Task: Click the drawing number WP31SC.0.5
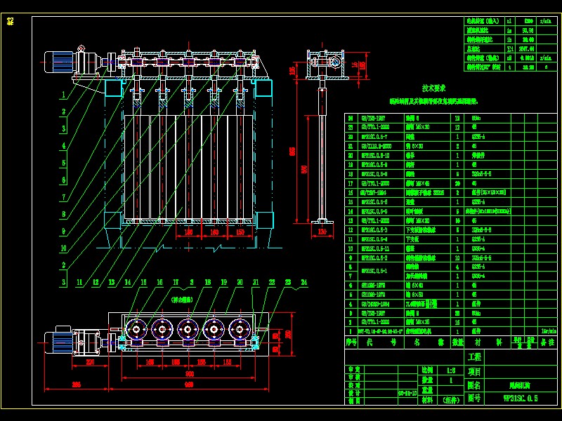point(521,398)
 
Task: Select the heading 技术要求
point(433,89)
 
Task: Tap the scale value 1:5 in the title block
point(450,368)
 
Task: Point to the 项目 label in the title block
point(475,371)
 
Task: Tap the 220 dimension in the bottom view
point(90,363)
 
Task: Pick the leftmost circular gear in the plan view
point(135,328)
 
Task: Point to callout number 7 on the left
point(63,197)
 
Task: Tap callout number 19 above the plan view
point(223,282)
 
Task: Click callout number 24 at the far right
point(304,282)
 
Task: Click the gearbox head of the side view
point(332,64)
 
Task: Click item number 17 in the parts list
point(349,182)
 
